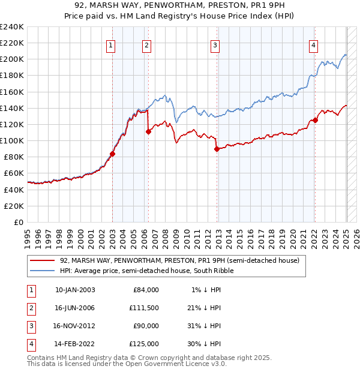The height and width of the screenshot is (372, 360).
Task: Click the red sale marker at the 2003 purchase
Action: click(x=112, y=154)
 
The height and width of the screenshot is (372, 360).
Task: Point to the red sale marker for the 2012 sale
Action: click(x=217, y=149)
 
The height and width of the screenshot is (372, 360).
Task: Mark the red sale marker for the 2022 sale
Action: click(x=315, y=120)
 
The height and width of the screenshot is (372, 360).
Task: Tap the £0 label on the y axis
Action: click(x=18, y=222)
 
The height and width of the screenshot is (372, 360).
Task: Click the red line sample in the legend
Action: click(x=43, y=260)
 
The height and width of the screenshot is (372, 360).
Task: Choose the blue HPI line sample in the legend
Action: click(x=43, y=271)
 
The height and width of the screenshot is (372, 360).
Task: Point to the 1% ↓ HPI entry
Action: click(x=204, y=290)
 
